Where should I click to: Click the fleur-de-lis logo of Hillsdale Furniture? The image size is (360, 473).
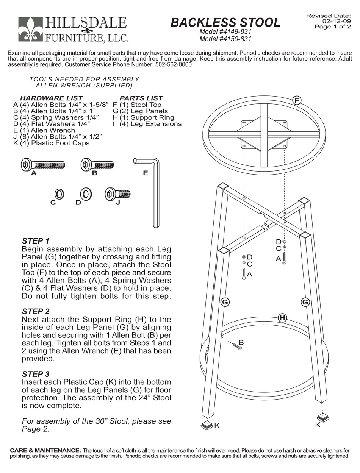click(x=31, y=29)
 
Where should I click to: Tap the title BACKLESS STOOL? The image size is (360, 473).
click(x=225, y=22)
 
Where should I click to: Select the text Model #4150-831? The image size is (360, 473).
click(x=225, y=39)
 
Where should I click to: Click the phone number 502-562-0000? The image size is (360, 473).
click(x=173, y=64)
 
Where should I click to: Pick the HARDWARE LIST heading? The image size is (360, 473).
click(x=51, y=98)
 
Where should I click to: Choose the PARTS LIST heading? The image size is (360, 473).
click(x=141, y=98)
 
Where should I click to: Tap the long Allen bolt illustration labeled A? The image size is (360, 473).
click(x=42, y=165)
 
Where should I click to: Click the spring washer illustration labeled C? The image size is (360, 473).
click(x=59, y=194)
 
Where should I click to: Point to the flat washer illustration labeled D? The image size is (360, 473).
click(x=86, y=194)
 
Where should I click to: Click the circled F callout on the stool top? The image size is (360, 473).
click(x=297, y=100)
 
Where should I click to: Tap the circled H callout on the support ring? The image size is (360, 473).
click(x=282, y=318)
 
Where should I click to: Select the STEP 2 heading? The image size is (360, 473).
click(x=36, y=311)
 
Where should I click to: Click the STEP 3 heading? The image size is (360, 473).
click(x=36, y=374)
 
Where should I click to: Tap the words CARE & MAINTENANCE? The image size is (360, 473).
click(x=45, y=450)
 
